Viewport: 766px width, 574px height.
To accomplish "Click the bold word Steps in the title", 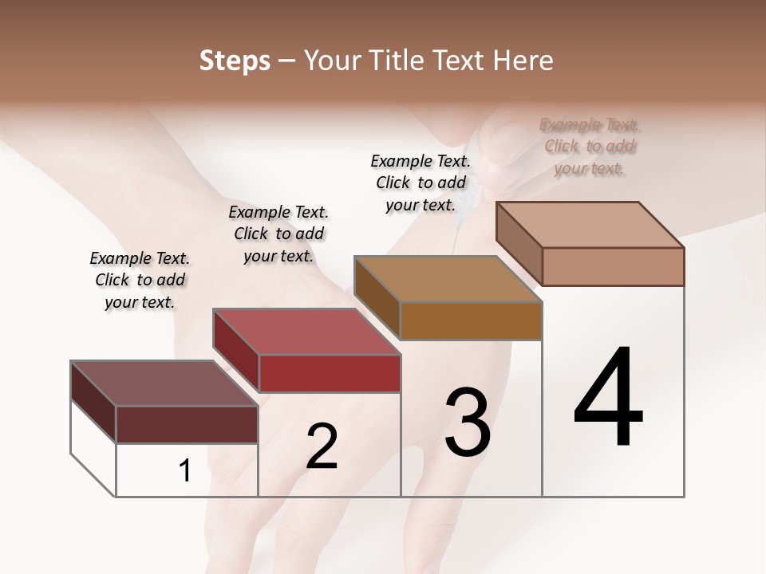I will tap(234, 61).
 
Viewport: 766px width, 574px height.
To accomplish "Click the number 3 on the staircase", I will tap(467, 422).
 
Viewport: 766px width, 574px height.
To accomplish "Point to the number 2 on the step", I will tap(322, 446).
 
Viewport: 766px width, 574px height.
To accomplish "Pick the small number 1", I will tap(185, 471).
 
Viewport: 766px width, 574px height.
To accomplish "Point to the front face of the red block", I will tap(330, 373).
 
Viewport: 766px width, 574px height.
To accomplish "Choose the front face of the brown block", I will tap(471, 321).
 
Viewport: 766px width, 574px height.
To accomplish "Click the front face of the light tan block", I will tap(613, 266).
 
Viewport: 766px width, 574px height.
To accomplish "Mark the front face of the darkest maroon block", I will tap(187, 424).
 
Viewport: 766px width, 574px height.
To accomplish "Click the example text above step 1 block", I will tap(140, 280).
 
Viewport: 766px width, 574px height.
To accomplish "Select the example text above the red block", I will tap(278, 234).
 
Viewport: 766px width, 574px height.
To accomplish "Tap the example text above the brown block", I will tap(421, 183).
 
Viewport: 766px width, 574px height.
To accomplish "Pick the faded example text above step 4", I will tap(590, 147).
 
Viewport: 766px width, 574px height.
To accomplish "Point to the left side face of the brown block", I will tap(377, 298).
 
